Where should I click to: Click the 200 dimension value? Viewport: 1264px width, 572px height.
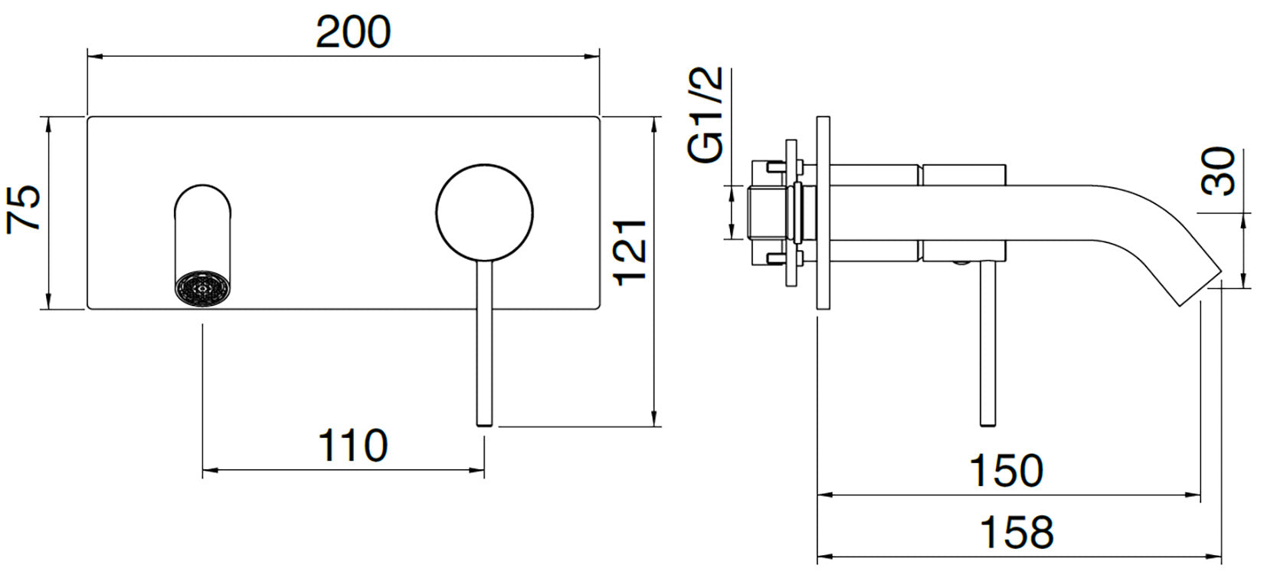pyautogui.click(x=353, y=32)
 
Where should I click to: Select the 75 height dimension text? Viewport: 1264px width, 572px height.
pyautogui.click(x=24, y=208)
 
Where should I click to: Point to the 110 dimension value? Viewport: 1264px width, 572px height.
pyautogui.click(x=353, y=445)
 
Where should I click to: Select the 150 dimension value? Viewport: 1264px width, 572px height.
pyautogui.click(x=1006, y=470)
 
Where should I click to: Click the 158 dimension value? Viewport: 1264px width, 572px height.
pyautogui.click(x=1017, y=531)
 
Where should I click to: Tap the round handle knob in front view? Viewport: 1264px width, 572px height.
pyautogui.click(x=484, y=212)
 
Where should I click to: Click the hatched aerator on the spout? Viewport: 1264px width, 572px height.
pyautogui.click(x=202, y=290)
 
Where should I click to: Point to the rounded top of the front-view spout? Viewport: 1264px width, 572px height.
pyautogui.click(x=202, y=192)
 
